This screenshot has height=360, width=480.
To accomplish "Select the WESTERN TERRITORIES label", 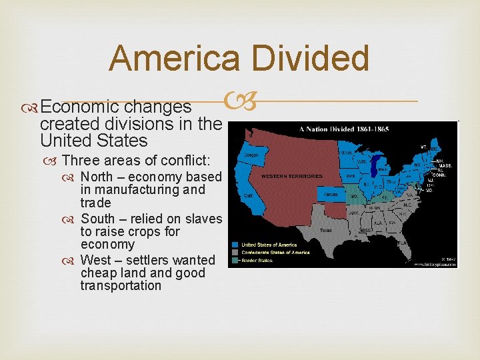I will point(291,176).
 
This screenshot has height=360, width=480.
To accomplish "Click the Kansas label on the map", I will point(331,194).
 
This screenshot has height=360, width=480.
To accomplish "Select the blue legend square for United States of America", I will point(235,244).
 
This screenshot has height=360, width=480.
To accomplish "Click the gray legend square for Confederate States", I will point(235,251).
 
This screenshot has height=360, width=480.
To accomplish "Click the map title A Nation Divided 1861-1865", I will point(343,129).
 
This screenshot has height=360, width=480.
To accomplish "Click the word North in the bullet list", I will point(96,177).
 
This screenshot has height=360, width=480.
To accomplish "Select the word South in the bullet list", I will point(97,219).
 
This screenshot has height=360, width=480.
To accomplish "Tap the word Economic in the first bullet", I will point(81,107).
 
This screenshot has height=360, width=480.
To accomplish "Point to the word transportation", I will point(121,285).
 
